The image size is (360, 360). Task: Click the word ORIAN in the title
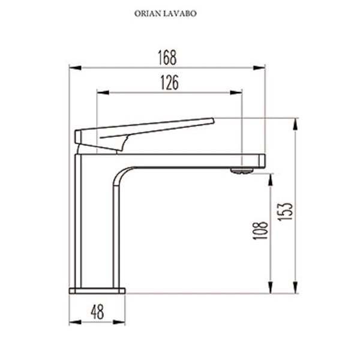pyautogui.click(x=147, y=12)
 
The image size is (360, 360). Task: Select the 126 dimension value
pyautogui.click(x=169, y=83)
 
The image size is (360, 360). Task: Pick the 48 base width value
pyautogui.click(x=97, y=312)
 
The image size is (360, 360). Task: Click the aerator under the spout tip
pyautogui.click(x=242, y=171)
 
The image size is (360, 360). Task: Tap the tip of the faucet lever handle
pyautogui.click(x=211, y=121)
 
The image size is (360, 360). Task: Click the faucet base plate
pyautogui.click(x=97, y=291)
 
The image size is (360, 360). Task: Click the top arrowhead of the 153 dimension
pyautogui.click(x=295, y=122)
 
